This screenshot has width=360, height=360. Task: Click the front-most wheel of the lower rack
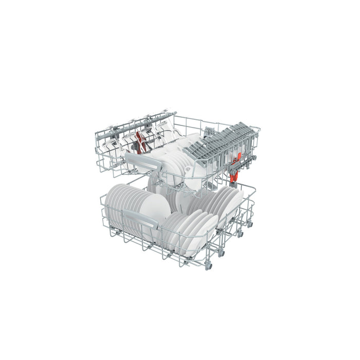point(209,265)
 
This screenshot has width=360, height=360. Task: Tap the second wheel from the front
point(222,253)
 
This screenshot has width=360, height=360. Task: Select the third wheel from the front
point(240,234)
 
